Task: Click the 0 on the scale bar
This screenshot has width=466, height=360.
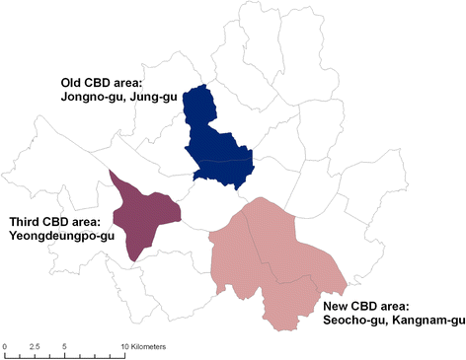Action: coord(4,347)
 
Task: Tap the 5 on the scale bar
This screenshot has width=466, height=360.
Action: coord(63,347)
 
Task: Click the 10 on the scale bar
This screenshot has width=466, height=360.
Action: coord(125,347)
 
